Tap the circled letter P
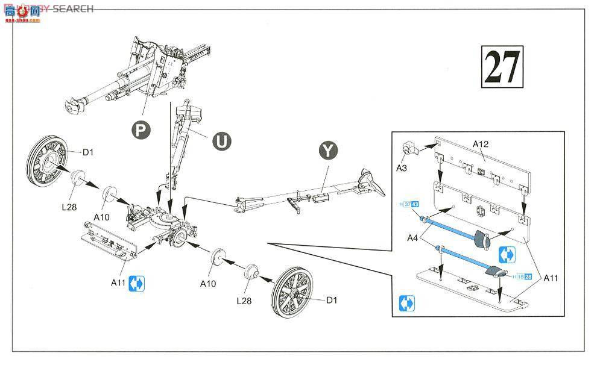coord(140,129)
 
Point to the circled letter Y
coord(327,150)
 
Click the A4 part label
coord(412,237)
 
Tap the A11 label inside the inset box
coord(550,278)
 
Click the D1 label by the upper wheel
coord(87,152)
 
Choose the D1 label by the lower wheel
coord(333,299)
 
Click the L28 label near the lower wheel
coord(245,299)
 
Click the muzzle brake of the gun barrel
coord(73,106)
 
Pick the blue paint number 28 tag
coord(528,276)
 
